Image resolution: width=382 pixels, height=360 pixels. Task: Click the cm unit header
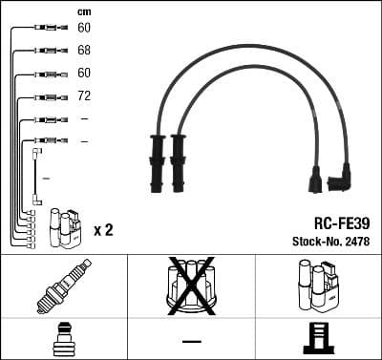click(x=84, y=11)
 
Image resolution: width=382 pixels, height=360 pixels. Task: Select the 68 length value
click(x=84, y=51)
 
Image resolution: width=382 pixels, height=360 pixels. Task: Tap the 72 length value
click(x=84, y=96)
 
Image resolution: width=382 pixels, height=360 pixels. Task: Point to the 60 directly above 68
click(x=84, y=28)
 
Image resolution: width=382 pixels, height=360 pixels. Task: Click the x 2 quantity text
click(x=103, y=229)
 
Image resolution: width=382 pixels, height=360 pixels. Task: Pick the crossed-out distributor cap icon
click(x=190, y=285)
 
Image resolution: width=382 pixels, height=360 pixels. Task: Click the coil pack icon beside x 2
click(x=65, y=226)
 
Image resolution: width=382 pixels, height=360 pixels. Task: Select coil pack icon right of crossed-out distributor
click(x=316, y=285)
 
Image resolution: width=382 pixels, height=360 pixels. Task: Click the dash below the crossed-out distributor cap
click(x=191, y=341)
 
